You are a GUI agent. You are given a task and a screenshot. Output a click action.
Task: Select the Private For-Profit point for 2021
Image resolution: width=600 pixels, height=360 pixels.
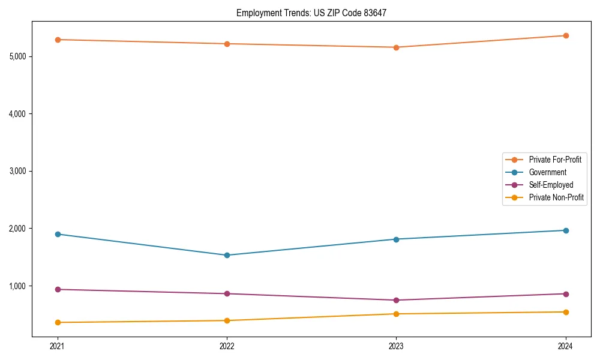[x=58, y=40]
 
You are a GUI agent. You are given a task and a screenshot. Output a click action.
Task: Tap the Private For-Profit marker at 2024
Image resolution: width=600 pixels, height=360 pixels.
[x=566, y=35]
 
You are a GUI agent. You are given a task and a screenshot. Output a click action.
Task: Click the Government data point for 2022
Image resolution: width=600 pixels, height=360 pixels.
[x=227, y=255]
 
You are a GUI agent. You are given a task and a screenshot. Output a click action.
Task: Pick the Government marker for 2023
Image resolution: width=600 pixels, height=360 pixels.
[x=396, y=239]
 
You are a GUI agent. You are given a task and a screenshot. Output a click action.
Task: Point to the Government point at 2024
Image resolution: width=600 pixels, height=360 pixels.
[x=566, y=230]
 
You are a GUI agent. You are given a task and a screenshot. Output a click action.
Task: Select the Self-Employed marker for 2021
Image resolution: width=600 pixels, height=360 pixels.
[x=58, y=289]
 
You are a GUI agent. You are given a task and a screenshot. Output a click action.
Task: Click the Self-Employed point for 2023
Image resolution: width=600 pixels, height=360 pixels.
[x=396, y=300]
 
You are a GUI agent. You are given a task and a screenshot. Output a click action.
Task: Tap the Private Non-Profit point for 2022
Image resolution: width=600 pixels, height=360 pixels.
[x=227, y=320]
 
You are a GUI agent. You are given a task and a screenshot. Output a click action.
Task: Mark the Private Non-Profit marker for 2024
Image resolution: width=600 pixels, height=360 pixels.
[x=566, y=312]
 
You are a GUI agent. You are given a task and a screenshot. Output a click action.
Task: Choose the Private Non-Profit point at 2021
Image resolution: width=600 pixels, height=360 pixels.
[x=58, y=322]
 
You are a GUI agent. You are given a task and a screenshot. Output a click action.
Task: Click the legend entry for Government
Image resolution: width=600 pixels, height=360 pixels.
[x=547, y=172]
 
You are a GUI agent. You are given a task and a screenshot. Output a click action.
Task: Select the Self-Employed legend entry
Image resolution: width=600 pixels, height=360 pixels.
[x=551, y=185]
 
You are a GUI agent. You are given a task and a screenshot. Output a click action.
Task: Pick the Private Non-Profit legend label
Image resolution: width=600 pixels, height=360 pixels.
[x=556, y=197]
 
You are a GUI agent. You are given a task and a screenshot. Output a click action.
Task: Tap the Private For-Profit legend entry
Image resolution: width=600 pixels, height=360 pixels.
[x=555, y=160]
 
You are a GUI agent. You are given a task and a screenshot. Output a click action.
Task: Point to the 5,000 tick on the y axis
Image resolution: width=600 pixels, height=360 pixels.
[x=17, y=56]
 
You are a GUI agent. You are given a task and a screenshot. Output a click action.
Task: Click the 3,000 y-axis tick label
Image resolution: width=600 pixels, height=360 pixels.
[x=17, y=171]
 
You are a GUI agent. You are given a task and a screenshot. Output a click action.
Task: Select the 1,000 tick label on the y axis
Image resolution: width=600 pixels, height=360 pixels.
[x=17, y=286]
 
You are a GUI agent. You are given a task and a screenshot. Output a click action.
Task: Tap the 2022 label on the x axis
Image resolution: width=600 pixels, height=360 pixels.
[x=227, y=346]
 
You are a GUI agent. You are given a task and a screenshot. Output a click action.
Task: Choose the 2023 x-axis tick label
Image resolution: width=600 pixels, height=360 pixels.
[x=396, y=346]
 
